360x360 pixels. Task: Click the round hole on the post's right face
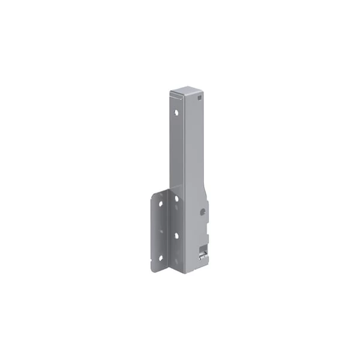[204, 211]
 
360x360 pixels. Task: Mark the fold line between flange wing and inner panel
[169, 228]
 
